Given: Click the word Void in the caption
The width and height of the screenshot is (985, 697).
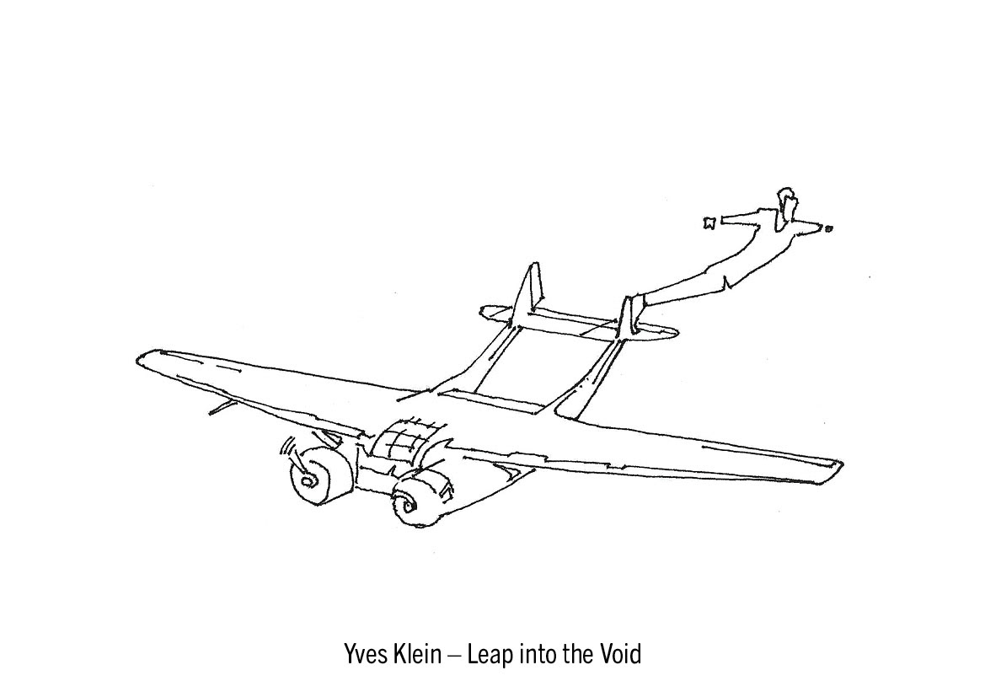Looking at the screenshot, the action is [x=620, y=654].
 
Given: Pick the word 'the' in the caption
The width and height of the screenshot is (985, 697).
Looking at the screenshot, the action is [x=578, y=654].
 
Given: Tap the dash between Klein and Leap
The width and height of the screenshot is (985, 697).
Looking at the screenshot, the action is [x=453, y=656].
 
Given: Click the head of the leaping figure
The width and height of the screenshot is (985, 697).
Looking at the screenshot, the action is [x=787, y=201].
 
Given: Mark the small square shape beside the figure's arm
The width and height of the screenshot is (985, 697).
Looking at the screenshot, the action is [x=709, y=223].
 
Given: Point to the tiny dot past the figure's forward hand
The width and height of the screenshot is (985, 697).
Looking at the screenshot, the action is [x=829, y=228].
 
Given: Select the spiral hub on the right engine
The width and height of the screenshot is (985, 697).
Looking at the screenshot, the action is [x=403, y=507].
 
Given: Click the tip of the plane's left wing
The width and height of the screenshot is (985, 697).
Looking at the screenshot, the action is [x=142, y=360].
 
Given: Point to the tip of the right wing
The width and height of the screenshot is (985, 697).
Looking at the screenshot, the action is [x=838, y=463].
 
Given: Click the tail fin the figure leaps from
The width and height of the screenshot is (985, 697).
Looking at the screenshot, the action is [x=628, y=316].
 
